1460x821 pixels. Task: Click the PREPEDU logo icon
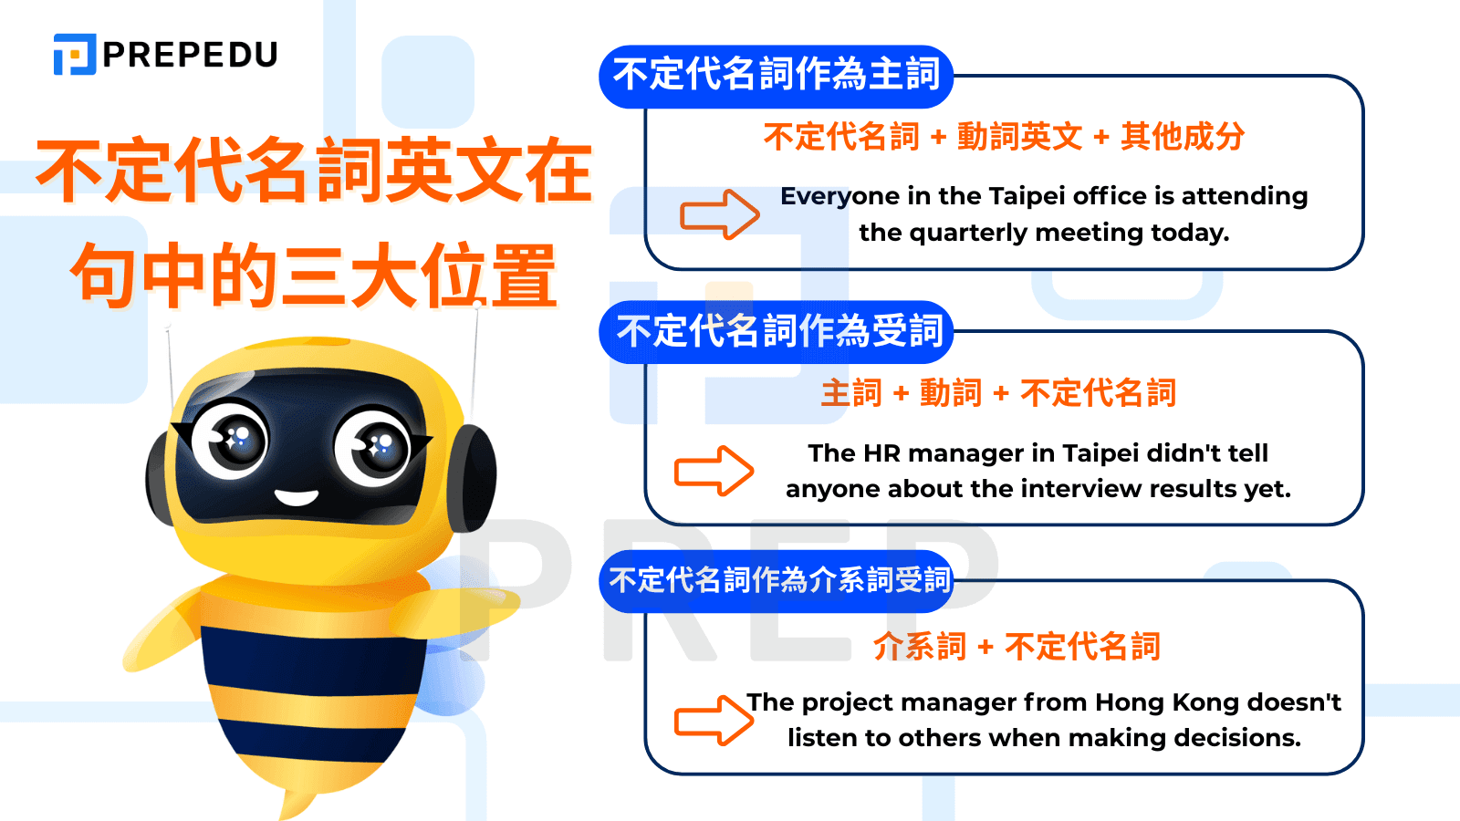[75, 55]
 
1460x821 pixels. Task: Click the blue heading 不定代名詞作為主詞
[776, 75]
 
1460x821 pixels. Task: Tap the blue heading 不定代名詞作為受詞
[778, 331]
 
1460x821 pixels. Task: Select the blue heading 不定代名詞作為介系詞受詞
[778, 580]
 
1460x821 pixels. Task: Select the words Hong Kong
[1167, 701]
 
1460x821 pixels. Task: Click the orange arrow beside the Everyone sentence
[719, 214]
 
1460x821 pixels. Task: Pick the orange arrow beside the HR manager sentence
[714, 471]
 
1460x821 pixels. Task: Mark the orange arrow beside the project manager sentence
[714, 721]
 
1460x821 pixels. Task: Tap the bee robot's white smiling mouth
[297, 497]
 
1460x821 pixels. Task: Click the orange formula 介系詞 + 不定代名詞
[1017, 647]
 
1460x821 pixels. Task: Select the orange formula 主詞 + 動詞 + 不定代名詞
[998, 393]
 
